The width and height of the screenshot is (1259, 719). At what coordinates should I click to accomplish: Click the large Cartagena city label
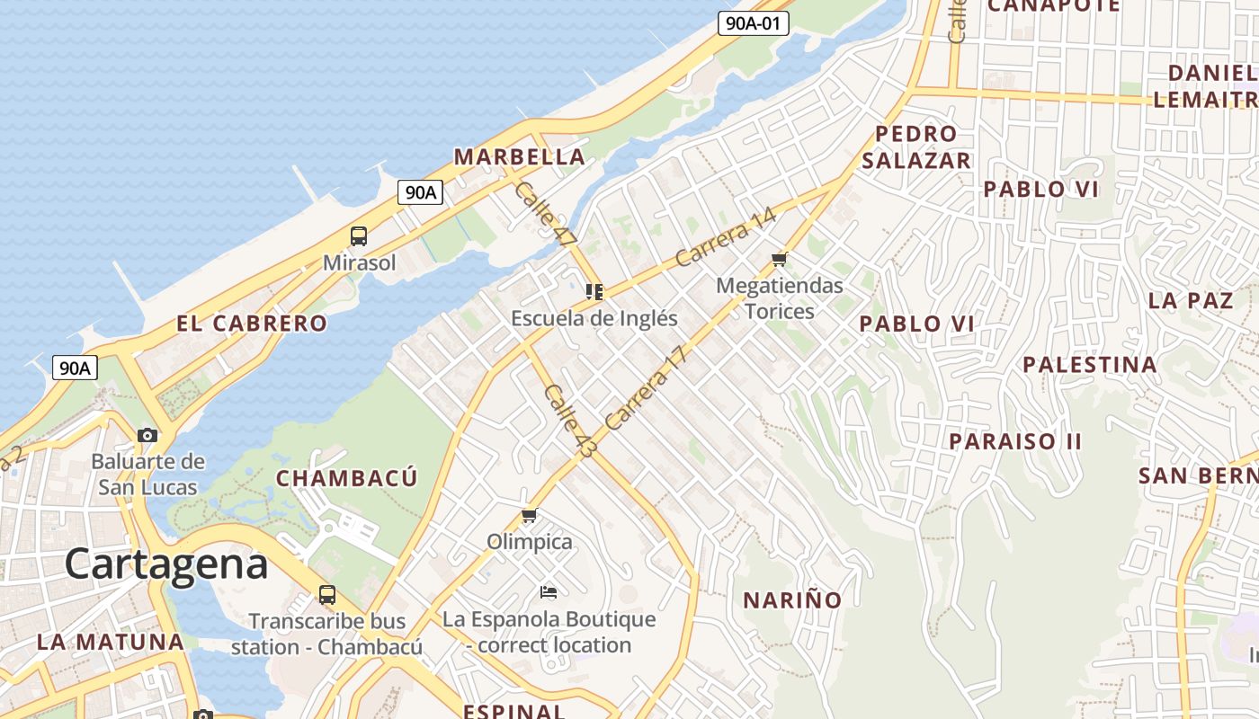(166, 564)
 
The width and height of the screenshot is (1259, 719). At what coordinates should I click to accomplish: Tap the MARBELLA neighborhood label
(519, 157)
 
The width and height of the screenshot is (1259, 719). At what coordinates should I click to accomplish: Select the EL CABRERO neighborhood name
(252, 324)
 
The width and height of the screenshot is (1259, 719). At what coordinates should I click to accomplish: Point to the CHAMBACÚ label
(346, 478)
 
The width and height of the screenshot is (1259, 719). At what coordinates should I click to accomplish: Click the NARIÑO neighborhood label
(792, 599)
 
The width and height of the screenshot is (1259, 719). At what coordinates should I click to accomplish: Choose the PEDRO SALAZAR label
(915, 147)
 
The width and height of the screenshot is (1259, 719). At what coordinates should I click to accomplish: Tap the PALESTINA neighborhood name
(1089, 365)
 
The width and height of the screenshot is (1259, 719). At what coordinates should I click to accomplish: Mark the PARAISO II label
(1015, 441)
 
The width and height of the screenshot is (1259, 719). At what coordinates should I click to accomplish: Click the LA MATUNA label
(111, 642)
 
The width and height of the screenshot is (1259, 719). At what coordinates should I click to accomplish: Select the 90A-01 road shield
(753, 23)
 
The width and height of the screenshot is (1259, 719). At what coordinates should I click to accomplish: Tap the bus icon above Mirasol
(359, 236)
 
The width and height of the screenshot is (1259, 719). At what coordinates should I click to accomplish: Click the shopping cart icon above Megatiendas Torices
(779, 260)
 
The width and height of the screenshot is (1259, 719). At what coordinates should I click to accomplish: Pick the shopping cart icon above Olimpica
(529, 516)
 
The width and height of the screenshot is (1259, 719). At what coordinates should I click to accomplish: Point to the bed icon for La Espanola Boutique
(549, 591)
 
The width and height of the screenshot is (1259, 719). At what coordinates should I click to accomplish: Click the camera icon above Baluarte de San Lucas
(147, 436)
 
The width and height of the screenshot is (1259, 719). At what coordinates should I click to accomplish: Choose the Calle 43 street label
(568, 421)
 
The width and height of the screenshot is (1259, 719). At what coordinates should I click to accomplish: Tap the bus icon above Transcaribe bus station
(326, 594)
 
